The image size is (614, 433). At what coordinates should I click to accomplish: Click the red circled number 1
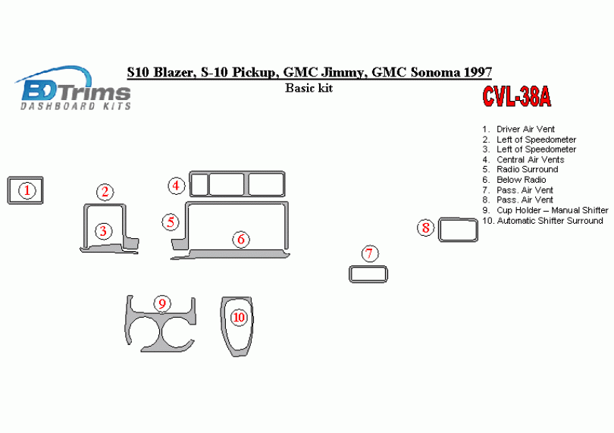(x=27, y=190)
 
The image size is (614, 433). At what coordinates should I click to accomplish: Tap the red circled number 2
(x=105, y=193)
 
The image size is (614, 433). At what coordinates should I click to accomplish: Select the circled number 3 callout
(x=104, y=231)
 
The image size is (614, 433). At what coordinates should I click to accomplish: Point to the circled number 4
(x=176, y=185)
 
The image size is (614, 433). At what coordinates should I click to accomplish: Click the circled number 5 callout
(x=171, y=222)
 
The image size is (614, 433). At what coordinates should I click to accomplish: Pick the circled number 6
(x=240, y=240)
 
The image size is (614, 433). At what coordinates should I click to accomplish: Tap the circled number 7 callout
(x=369, y=254)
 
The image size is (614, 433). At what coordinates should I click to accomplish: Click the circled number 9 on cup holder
(x=161, y=304)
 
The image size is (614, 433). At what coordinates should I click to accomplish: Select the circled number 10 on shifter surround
(x=239, y=317)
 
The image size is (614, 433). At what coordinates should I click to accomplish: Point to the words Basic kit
(x=309, y=88)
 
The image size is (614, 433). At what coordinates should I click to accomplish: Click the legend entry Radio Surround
(x=527, y=170)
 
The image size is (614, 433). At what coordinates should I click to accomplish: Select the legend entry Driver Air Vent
(x=525, y=130)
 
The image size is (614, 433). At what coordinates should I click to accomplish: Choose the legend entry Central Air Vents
(x=530, y=160)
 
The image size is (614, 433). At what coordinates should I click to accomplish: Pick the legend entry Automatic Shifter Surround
(x=550, y=221)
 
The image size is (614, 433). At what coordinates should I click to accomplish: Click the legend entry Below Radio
(x=521, y=180)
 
